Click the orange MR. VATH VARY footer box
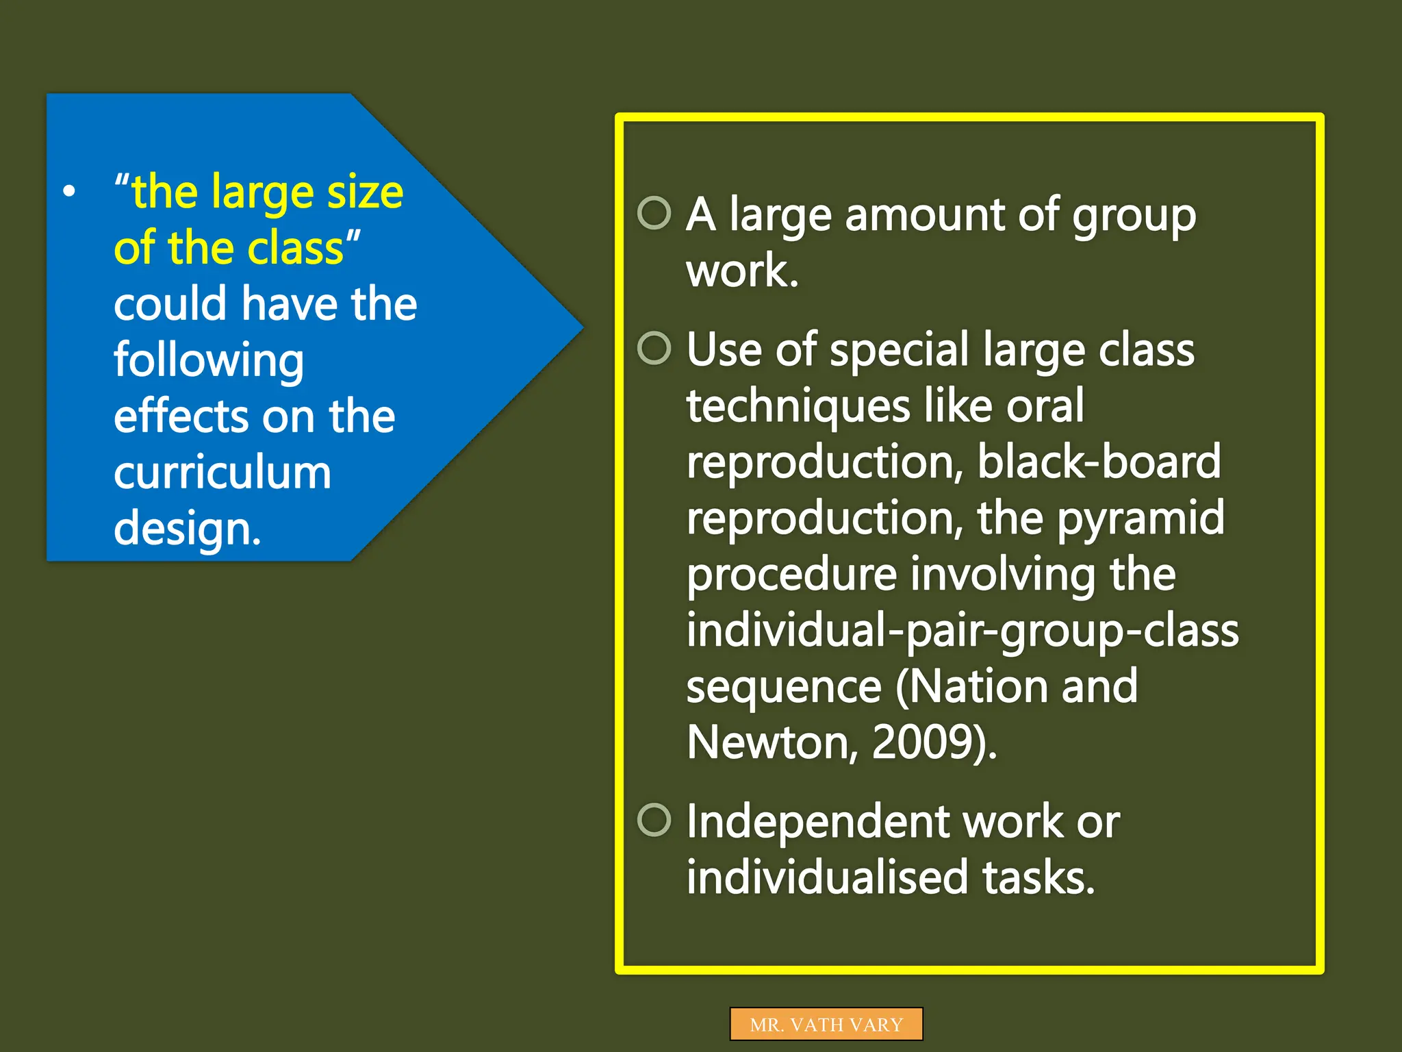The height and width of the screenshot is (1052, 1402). coord(826,1024)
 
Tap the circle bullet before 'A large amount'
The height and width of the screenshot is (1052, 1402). coord(654,213)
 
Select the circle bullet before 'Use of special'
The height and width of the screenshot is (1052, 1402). coord(654,348)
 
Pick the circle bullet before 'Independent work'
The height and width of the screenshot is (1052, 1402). coord(654,820)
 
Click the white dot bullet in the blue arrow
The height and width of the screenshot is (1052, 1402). coord(69,192)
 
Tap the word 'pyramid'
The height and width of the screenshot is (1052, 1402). coord(1141,518)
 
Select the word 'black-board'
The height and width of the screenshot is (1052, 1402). coord(1099,461)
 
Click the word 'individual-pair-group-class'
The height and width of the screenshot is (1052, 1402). coord(962,630)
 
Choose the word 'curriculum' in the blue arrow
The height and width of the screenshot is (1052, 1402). coord(222,473)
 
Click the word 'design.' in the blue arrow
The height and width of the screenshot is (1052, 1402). coord(188,529)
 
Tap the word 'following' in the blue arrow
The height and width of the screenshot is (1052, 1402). coord(209,360)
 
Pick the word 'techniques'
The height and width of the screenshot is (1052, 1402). coord(798,405)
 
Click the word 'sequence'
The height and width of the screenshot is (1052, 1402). coord(784,686)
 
